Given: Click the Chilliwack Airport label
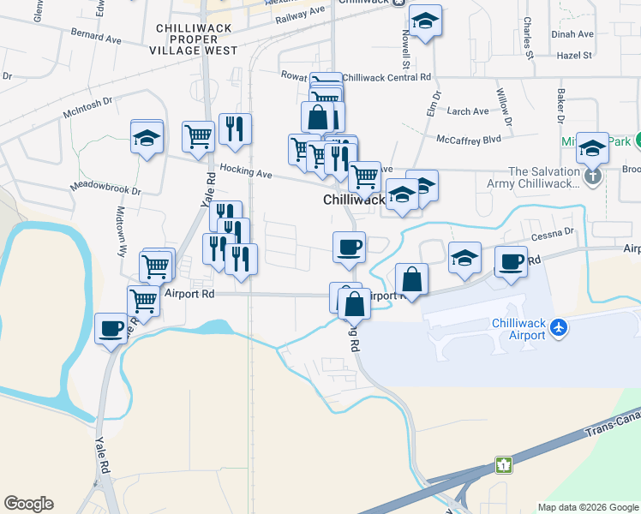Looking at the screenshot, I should click(x=518, y=329).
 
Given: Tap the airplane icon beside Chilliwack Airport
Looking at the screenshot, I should click(x=560, y=327).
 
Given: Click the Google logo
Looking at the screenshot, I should click(x=28, y=504).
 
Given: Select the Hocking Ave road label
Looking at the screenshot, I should click(x=245, y=172).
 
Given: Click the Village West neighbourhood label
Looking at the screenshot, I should click(x=197, y=51).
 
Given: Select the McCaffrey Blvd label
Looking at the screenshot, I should click(x=468, y=138).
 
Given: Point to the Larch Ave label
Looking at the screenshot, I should click(x=468, y=111).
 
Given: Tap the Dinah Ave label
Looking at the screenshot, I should click(x=573, y=34).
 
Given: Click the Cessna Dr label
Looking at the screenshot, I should click(x=552, y=233).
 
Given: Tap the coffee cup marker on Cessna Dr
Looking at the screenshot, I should click(x=512, y=261).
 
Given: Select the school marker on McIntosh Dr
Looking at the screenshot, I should click(x=147, y=137).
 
